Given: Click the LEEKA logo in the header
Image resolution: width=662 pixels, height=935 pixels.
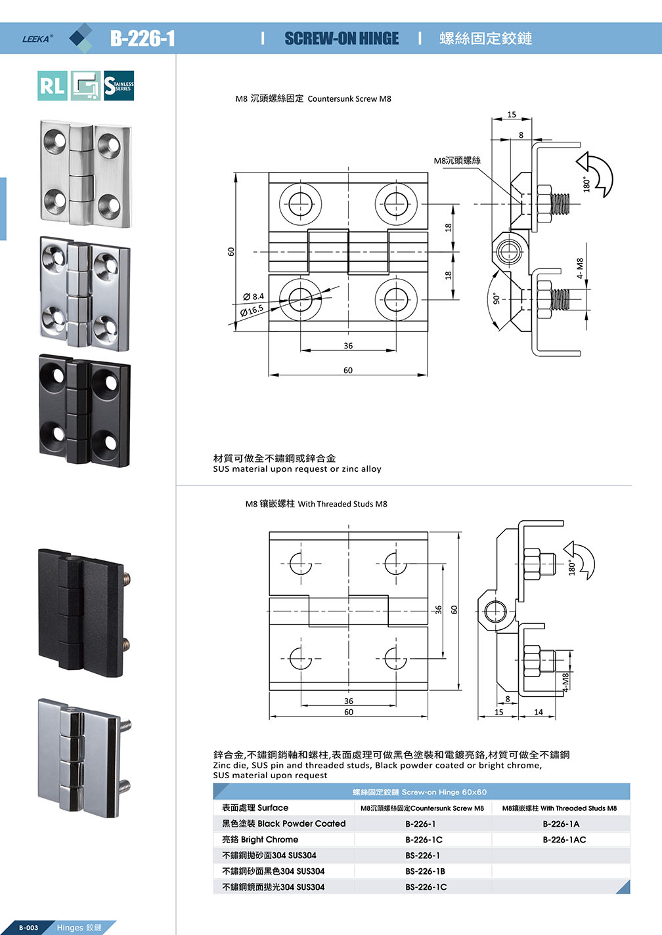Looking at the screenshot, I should click(37, 38).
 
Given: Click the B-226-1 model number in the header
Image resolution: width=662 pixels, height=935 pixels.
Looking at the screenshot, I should click(143, 38).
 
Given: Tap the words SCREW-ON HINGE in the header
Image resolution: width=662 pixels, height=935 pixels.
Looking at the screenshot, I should click(342, 38).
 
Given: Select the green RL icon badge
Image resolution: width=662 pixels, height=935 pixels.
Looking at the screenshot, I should click(53, 86).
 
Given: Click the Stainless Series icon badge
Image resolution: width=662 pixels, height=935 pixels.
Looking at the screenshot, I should click(119, 86).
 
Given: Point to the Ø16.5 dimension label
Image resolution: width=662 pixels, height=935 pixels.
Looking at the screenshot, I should click(252, 310).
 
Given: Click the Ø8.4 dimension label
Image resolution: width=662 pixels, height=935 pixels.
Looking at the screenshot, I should click(254, 297).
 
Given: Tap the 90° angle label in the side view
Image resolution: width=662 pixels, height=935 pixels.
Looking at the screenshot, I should click(496, 299).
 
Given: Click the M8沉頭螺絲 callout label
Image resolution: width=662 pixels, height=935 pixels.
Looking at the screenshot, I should click(457, 160).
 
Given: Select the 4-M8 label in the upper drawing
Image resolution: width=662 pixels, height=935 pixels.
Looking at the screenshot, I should click(580, 268).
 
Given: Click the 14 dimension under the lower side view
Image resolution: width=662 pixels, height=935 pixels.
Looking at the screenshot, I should click(539, 712).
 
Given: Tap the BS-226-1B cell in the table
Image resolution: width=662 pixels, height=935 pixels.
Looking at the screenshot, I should click(425, 871).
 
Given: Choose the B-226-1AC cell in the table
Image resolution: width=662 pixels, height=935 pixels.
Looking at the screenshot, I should click(563, 840).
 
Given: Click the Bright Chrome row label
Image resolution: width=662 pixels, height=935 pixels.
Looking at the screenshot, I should click(260, 840).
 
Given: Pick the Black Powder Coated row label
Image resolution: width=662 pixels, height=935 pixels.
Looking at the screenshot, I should click(284, 824).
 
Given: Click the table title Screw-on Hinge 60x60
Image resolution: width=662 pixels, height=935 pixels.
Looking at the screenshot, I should click(420, 792).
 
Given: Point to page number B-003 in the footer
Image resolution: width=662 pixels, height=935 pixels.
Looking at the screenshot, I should click(28, 928).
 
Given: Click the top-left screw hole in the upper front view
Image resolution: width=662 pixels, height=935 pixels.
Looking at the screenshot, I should click(301, 203).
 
